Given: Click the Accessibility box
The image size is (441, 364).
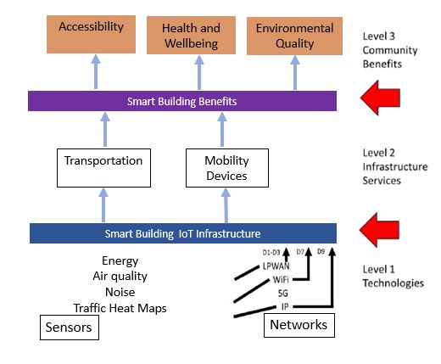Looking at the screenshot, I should [x=96, y=33].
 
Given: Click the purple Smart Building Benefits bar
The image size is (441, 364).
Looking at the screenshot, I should [x=183, y=101].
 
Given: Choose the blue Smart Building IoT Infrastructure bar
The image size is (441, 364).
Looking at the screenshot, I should [x=183, y=232].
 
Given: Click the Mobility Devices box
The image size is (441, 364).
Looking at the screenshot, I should [x=226, y=168].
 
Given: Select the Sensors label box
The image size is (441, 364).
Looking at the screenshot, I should [x=70, y=328].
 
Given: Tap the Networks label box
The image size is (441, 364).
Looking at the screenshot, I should [x=297, y=325].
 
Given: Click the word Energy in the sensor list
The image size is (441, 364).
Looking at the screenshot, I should [x=120, y=261].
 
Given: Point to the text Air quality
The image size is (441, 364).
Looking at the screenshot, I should [x=120, y=277].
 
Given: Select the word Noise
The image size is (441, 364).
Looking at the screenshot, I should [x=120, y=292].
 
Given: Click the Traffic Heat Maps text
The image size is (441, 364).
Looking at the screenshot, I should [x=120, y=308].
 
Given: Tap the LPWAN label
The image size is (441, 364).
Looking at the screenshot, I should [x=276, y=265].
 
